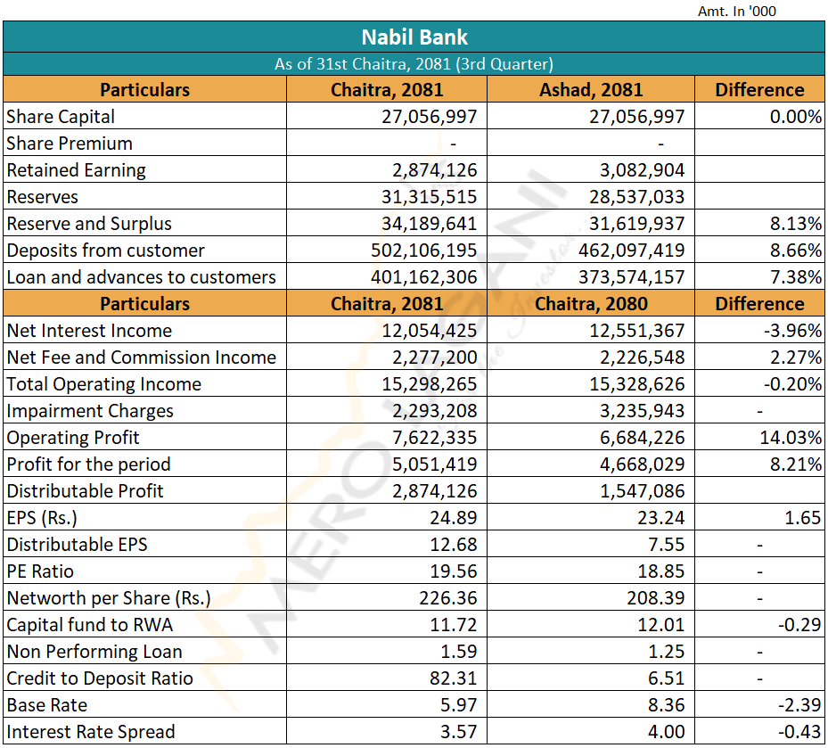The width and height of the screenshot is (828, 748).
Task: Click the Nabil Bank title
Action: click(414, 37)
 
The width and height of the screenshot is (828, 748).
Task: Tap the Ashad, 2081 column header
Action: click(590, 90)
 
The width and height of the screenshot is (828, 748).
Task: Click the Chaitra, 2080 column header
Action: click(590, 304)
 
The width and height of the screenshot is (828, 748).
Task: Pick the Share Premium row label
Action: click(70, 144)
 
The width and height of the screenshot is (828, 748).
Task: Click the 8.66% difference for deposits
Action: click(793, 251)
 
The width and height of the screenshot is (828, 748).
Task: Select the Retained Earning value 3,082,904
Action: click(638, 170)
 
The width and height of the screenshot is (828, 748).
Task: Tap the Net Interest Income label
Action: click(89, 331)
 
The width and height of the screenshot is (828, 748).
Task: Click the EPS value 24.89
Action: click(453, 518)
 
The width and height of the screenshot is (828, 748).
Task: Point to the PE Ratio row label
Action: click(40, 571)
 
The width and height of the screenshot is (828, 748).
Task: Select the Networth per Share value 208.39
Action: click(656, 598)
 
